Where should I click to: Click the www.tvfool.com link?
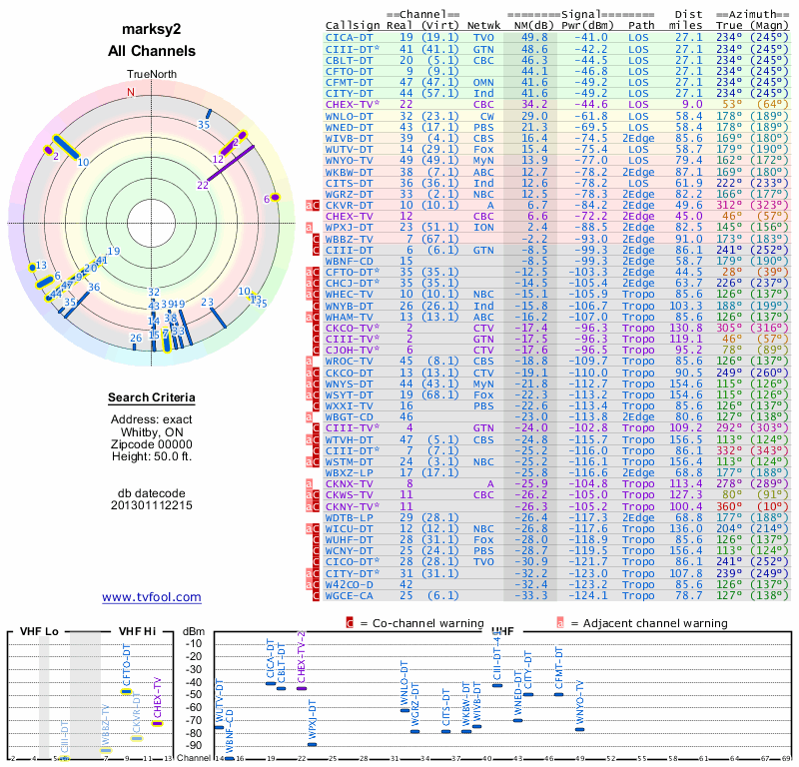click(152, 597)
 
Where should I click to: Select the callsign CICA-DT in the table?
click(349, 36)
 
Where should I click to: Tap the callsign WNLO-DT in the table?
click(350, 117)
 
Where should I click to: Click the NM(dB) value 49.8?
click(533, 36)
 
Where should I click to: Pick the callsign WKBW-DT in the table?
click(350, 171)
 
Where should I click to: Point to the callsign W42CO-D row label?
click(350, 583)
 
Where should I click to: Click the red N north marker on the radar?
click(130, 92)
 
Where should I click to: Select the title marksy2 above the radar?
click(152, 29)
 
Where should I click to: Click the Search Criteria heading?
click(152, 398)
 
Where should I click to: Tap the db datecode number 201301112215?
click(152, 505)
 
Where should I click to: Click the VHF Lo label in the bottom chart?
click(38, 631)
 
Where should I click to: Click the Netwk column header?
click(483, 24)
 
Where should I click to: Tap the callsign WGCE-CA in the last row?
click(350, 596)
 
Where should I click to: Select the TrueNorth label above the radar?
click(151, 75)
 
